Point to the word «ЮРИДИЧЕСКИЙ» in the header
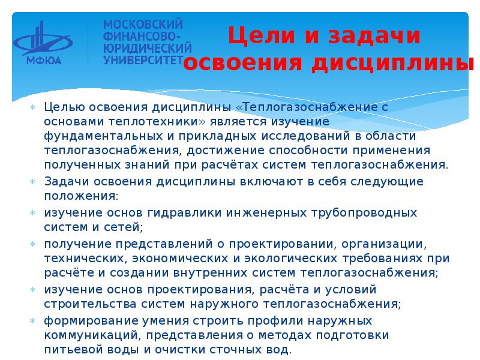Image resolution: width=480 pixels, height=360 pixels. coord(147,48)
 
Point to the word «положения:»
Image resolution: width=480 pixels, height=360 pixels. coord(81,196)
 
